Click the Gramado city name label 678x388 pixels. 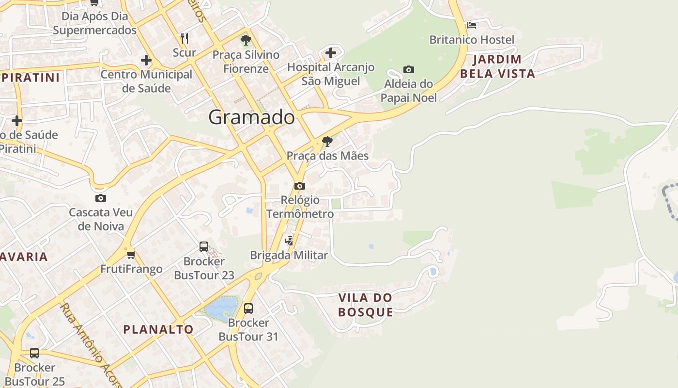(x=251, y=117)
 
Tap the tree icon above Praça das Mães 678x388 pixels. (x=327, y=142)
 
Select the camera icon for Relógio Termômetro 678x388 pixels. (x=300, y=186)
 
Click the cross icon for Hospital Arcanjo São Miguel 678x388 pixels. (x=331, y=52)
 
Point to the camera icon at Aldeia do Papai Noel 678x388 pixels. (x=409, y=70)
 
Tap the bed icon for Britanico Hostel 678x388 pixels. (x=472, y=25)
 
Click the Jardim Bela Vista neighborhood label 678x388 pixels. (x=497, y=66)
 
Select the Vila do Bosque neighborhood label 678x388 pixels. (x=366, y=305)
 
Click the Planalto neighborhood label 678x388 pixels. (x=158, y=330)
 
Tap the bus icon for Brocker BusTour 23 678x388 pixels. (x=204, y=247)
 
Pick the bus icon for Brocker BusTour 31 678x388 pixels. (x=248, y=308)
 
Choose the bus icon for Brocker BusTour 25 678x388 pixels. (x=34, y=353)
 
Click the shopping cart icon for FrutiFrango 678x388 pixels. (x=131, y=255)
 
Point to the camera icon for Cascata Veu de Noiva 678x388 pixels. (x=101, y=198)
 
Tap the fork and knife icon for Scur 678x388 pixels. (x=184, y=38)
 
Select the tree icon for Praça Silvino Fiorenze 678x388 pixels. (x=246, y=40)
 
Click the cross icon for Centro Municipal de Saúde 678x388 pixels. (x=146, y=61)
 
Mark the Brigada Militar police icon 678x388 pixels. (x=289, y=241)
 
